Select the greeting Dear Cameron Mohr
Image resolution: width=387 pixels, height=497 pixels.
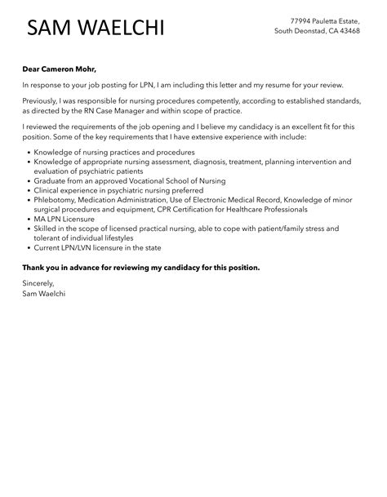[64, 70]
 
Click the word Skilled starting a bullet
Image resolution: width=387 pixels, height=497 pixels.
[47, 229]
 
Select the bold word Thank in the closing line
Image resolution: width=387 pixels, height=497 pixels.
[35, 267]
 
